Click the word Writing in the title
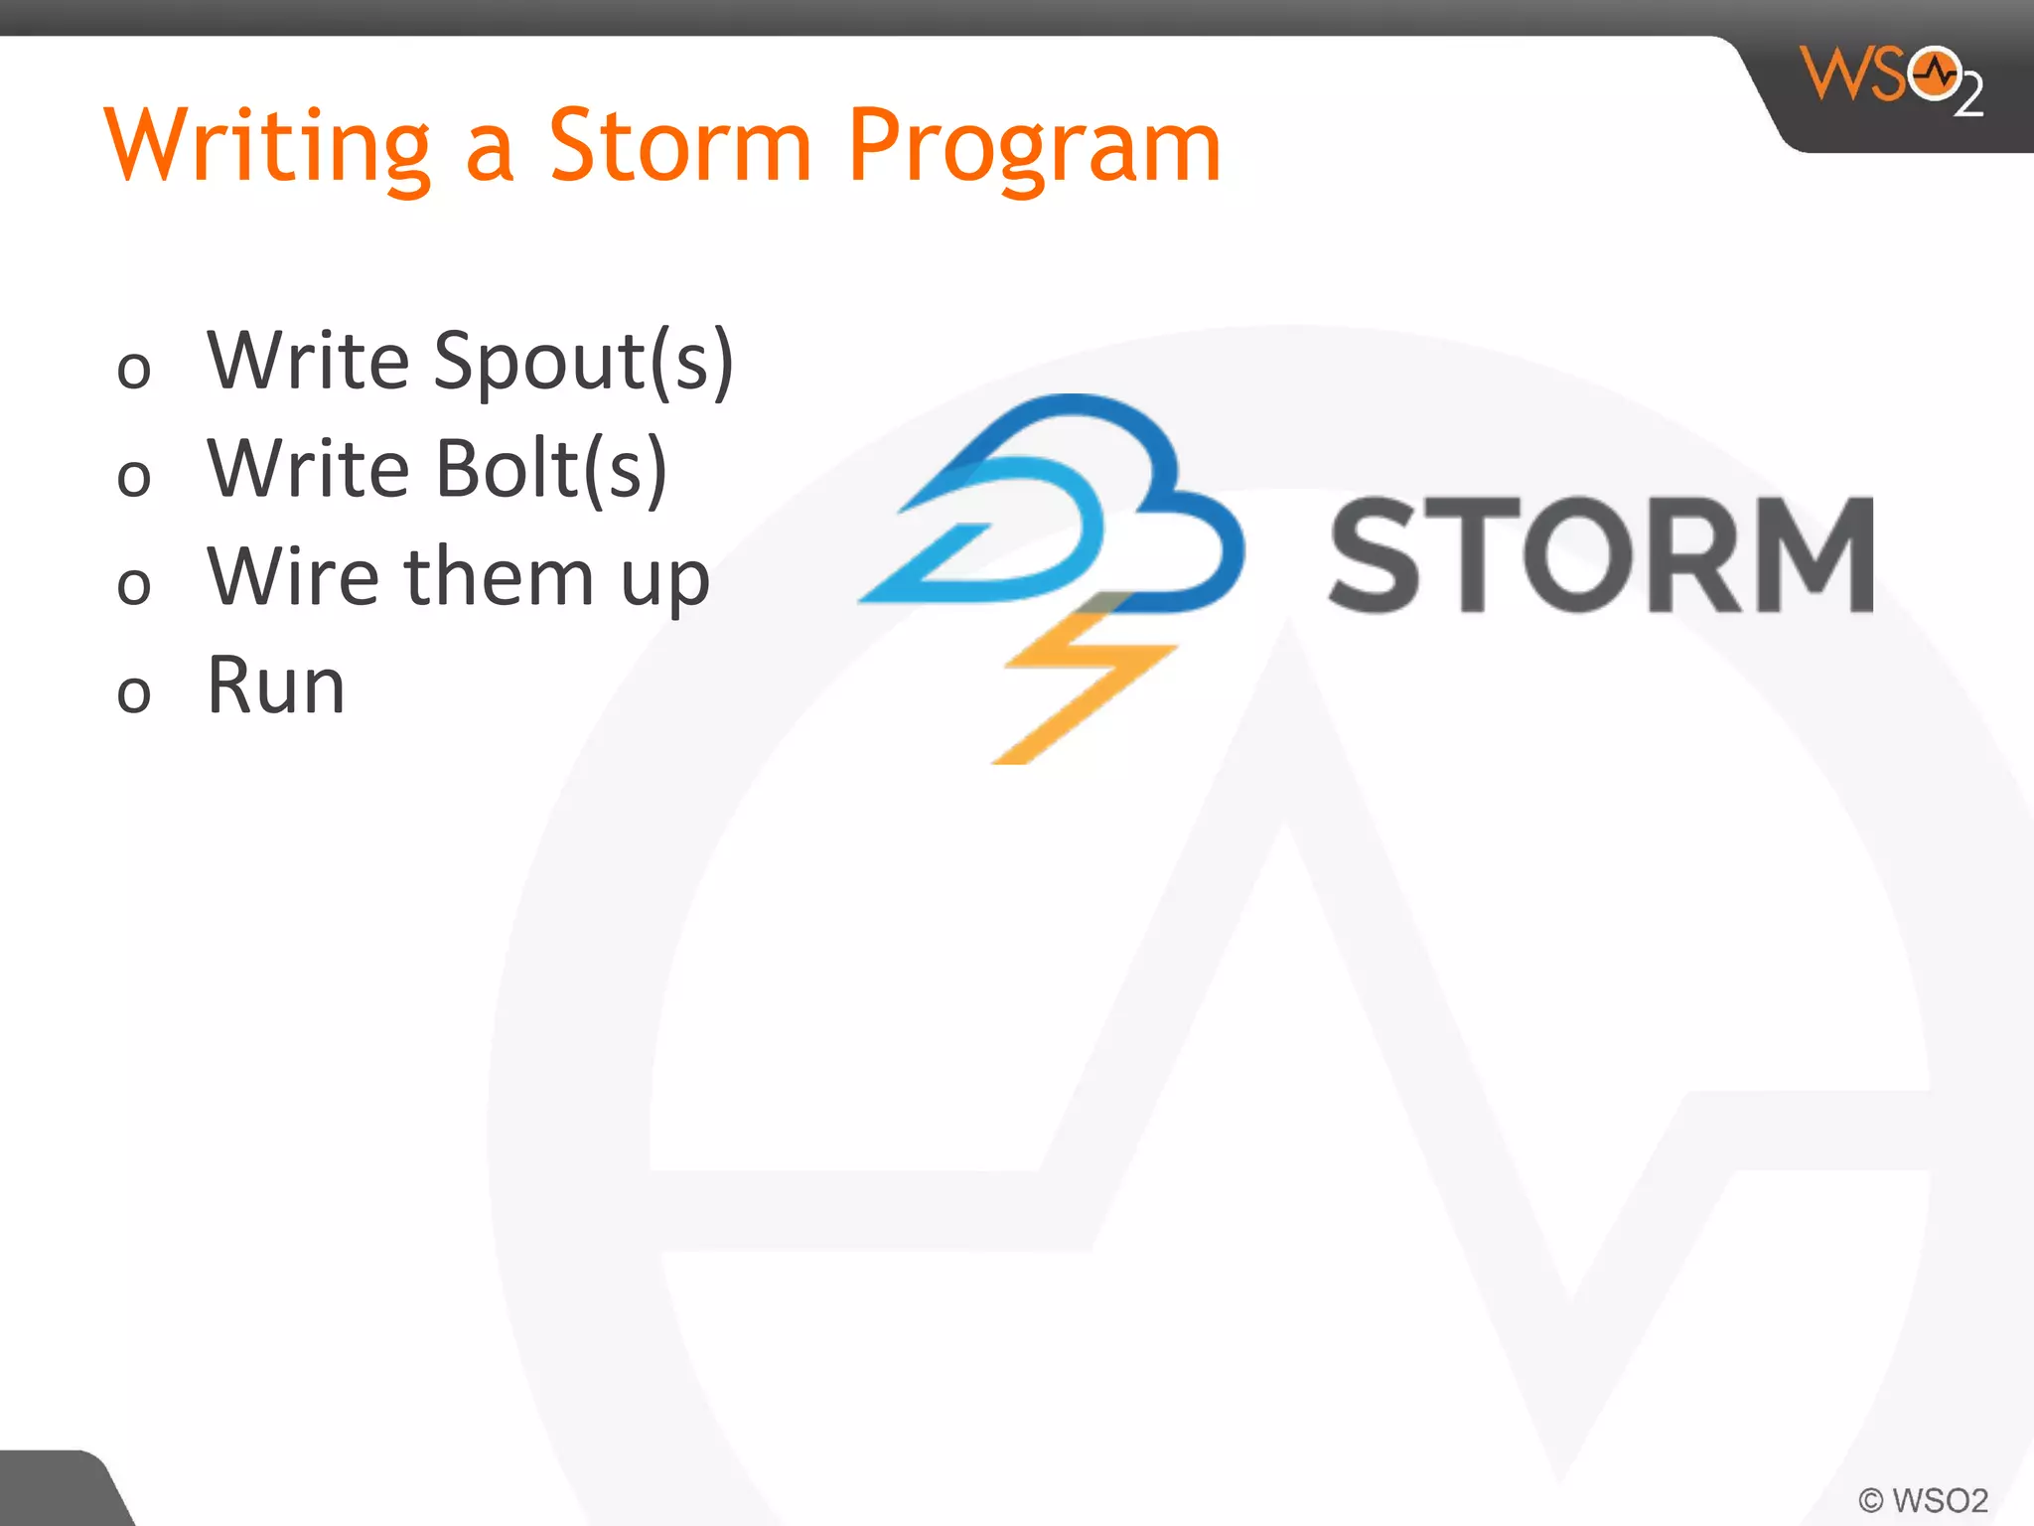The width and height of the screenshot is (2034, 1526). (x=268, y=147)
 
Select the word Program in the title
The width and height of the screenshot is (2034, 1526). (x=1034, y=147)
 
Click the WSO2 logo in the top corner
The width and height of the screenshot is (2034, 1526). (x=1892, y=79)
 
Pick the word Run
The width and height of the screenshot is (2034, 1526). (x=276, y=685)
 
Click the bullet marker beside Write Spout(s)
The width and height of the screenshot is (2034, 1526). (x=134, y=371)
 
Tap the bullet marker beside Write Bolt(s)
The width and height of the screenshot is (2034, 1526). (x=134, y=478)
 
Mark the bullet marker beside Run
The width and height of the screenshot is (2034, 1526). (x=134, y=693)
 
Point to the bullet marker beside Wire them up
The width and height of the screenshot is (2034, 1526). (x=134, y=585)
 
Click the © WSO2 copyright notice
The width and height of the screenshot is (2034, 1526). (x=1923, y=1499)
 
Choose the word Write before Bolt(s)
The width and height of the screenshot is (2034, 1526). (x=308, y=468)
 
